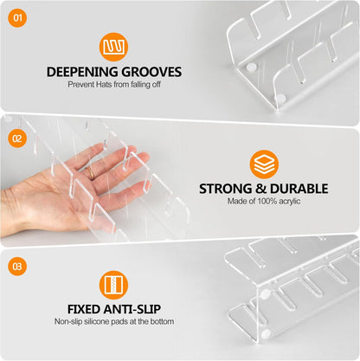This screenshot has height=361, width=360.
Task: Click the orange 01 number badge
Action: pos(17,18)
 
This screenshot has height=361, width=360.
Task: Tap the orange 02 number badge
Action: pos(17,139)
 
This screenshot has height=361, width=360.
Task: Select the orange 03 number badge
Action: pos(17,266)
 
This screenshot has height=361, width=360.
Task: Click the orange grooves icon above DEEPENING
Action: pos(113,47)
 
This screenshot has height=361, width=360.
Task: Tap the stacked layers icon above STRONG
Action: pos(264,164)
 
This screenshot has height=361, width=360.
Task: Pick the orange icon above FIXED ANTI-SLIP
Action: pos(113,285)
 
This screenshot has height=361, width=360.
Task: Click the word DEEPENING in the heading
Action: pos(82,72)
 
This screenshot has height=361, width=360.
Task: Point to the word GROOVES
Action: pos(151,72)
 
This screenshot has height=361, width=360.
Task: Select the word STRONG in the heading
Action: pos(226,189)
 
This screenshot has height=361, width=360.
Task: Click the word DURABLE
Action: pos(299,189)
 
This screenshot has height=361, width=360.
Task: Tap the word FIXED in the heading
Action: pos(84,309)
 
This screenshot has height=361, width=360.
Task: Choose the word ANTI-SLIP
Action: pos(132,309)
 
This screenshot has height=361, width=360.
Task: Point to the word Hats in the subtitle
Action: pos(104,85)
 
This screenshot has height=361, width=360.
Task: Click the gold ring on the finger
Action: pos(91,172)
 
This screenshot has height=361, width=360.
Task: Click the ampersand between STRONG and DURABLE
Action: pos(261,189)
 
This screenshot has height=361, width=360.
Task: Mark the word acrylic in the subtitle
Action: pos(290,202)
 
